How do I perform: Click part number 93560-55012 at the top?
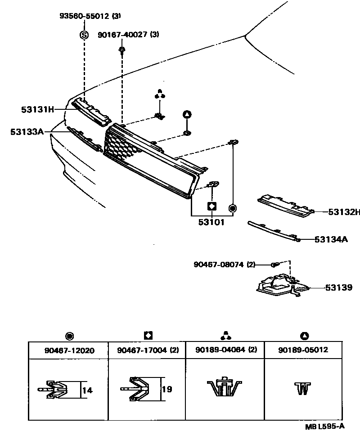tap(85, 16)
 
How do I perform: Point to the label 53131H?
tap(37, 109)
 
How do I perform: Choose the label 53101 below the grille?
tap(211, 222)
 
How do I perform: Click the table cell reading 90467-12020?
tap(68, 350)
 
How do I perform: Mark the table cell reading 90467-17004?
tap(146, 350)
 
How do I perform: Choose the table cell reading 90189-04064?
tap(225, 350)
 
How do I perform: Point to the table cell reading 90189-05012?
tap(303, 350)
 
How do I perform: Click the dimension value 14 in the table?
tap(87, 390)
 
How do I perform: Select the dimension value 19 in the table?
tap(166, 389)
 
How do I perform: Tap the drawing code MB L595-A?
tap(325, 426)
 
